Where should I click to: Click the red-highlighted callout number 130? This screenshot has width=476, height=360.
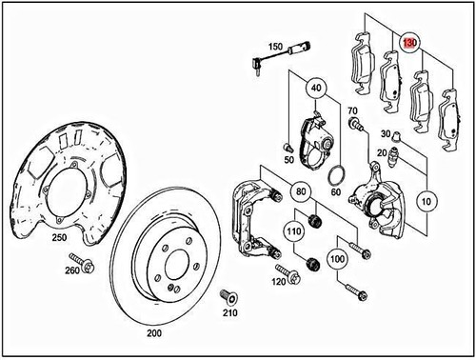pos(410,43)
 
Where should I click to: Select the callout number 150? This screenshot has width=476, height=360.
pos(276,47)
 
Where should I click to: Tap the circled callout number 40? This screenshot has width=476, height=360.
pos(315,90)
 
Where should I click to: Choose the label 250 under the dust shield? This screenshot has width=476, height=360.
pos(58,236)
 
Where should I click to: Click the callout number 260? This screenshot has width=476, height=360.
pos(70,270)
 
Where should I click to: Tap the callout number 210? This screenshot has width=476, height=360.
pos(228,313)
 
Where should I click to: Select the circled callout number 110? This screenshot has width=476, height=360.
pos(294,230)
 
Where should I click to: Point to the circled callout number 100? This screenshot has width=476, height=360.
pos(335,257)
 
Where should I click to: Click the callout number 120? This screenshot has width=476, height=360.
pos(279,283)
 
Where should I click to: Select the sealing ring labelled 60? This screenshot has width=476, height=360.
pos(336,175)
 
